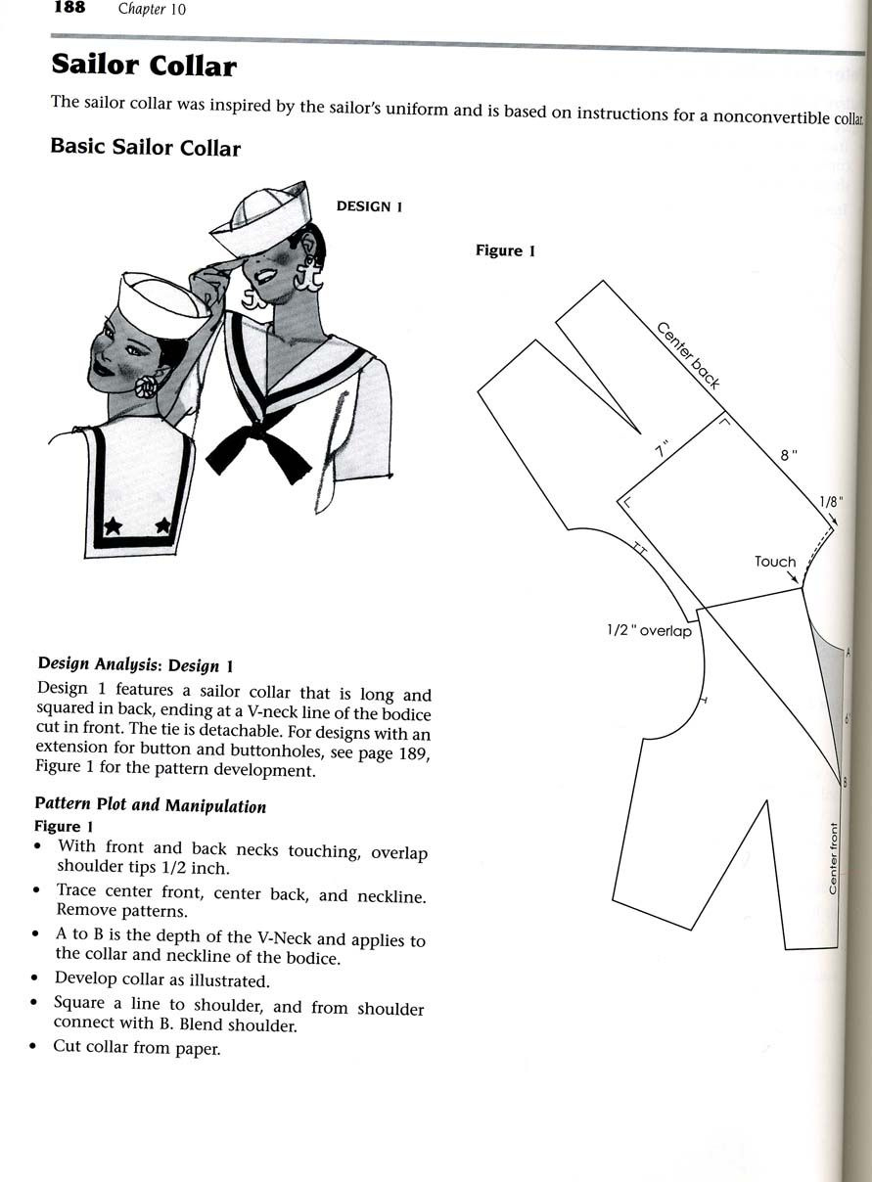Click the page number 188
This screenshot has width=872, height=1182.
pyautogui.click(x=69, y=9)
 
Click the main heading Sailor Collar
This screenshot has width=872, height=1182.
pyautogui.click(x=143, y=66)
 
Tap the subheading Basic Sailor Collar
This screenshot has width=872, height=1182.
pyautogui.click(x=145, y=148)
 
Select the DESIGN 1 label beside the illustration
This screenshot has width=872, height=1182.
pyautogui.click(x=370, y=206)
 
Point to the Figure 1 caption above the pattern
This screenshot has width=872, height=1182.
pyautogui.click(x=505, y=250)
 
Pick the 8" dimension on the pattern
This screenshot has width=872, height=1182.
pyautogui.click(x=789, y=454)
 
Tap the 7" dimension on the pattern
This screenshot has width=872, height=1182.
pyautogui.click(x=665, y=450)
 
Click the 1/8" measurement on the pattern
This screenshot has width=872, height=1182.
pyautogui.click(x=831, y=502)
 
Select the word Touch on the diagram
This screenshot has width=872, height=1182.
pyautogui.click(x=775, y=562)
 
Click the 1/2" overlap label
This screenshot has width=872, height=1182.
pyautogui.click(x=649, y=631)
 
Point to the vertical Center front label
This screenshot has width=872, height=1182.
pyautogui.click(x=833, y=857)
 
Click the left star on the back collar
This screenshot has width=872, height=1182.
pyautogui.click(x=114, y=525)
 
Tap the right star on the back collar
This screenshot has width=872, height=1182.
pyautogui.click(x=162, y=525)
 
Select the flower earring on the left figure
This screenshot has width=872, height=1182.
pyautogui.click(x=146, y=386)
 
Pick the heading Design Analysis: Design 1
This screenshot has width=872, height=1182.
pyautogui.click(x=135, y=665)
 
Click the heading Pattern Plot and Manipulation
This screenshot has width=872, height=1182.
pyautogui.click(x=150, y=806)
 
